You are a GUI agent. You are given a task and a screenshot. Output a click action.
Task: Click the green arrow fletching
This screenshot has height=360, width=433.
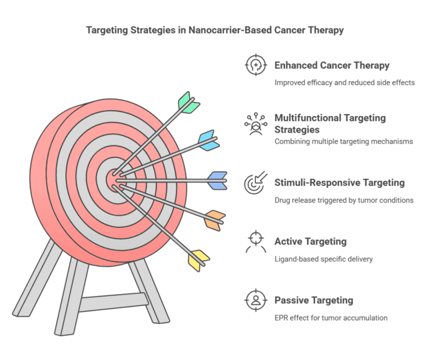[x=189, y=103]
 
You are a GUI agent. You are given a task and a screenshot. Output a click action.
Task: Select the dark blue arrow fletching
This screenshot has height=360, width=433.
[x=217, y=180]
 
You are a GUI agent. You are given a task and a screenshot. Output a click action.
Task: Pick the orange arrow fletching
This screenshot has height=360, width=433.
[x=214, y=219]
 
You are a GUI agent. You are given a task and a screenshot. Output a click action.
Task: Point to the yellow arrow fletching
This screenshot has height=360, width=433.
[x=199, y=259]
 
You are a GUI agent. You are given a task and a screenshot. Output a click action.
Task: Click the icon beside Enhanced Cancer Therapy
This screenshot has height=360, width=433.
[x=255, y=65]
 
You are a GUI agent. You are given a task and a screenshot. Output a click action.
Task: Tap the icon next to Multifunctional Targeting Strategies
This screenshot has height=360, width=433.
[x=255, y=124]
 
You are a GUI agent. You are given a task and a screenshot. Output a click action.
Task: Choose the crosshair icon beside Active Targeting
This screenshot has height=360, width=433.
[x=255, y=241]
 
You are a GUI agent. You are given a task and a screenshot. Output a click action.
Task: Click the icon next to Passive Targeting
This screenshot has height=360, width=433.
[x=255, y=300]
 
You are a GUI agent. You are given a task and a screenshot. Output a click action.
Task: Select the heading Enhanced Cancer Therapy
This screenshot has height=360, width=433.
[x=332, y=65]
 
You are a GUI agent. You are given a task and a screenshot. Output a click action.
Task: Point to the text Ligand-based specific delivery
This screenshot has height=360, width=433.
[x=323, y=259]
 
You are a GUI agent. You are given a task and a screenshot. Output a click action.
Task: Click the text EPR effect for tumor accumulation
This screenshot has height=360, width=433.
[x=330, y=317]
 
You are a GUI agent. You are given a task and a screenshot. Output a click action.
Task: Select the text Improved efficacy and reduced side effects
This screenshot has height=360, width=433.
[x=344, y=83]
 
